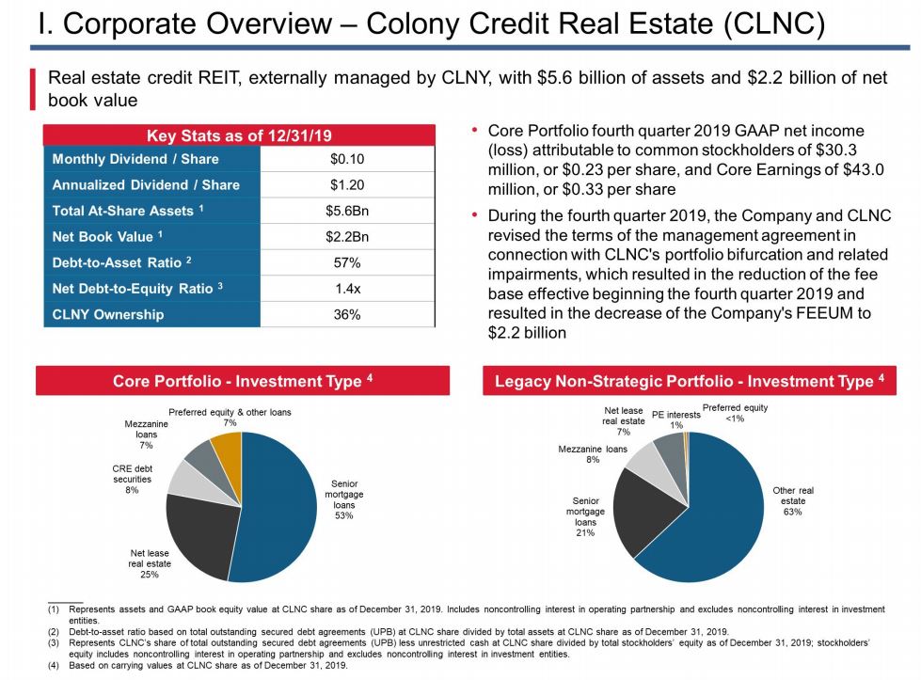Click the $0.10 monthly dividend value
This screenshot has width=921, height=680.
347,159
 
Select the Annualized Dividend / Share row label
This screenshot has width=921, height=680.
146,185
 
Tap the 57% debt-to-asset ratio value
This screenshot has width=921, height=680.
347,262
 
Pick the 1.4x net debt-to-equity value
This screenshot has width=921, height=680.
347,289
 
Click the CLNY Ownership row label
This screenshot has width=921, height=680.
107,314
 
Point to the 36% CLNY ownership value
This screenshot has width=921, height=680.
347,315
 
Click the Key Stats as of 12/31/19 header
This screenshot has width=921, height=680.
239,135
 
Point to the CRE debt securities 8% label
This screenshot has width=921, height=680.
132,479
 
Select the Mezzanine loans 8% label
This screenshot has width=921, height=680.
592,455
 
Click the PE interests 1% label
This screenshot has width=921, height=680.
675,419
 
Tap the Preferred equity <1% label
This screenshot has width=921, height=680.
735,413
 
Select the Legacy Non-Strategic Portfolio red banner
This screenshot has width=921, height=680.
689,381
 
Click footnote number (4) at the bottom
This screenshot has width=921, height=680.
54,666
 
